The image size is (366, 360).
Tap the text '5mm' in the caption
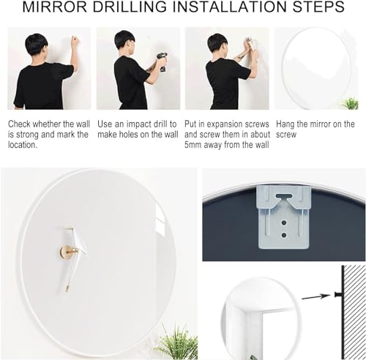pyautogui.click(x=200, y=145)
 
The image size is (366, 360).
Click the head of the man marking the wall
pyautogui.click(x=36, y=45)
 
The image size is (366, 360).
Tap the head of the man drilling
pyautogui.click(x=124, y=41)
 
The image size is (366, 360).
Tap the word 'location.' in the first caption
pyautogui.click(x=26, y=145)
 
